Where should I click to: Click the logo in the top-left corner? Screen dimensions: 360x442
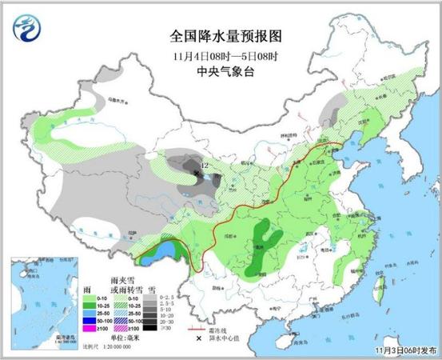click(30, 30)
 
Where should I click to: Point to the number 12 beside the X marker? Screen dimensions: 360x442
click(205, 165)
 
